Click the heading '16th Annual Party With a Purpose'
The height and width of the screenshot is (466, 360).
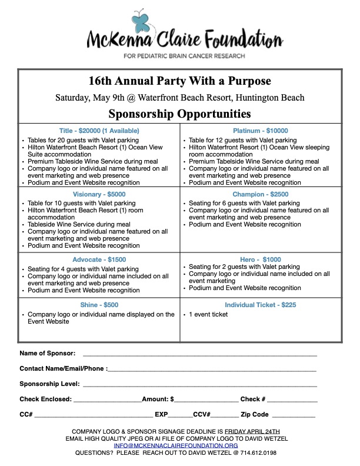click(x=180, y=81)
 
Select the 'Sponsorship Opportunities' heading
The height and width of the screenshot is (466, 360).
click(x=180, y=113)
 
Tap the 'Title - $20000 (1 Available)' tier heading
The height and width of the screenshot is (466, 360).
click(x=99, y=131)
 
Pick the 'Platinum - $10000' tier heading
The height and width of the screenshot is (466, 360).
click(x=260, y=131)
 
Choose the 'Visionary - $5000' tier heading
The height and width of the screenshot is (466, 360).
click(x=99, y=195)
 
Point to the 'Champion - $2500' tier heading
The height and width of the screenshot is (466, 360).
click(x=260, y=195)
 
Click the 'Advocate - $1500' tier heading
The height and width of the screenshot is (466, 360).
click(x=99, y=259)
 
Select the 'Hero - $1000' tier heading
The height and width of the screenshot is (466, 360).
click(x=260, y=259)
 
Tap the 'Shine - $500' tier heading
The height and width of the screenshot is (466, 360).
click(x=99, y=305)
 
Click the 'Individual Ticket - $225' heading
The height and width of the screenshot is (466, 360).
click(x=260, y=305)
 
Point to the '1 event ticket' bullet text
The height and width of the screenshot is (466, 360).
click(x=208, y=314)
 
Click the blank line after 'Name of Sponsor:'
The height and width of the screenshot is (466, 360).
click(x=200, y=355)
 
